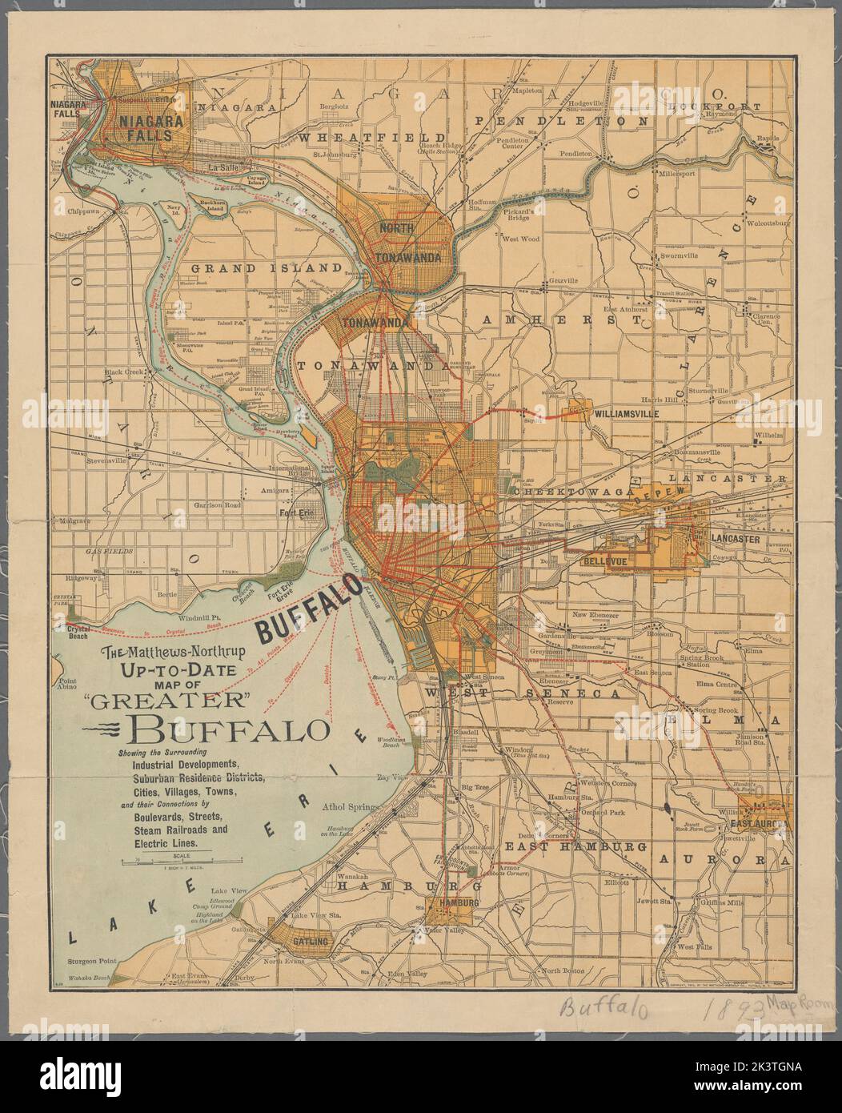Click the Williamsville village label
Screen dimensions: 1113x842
[x=625, y=414]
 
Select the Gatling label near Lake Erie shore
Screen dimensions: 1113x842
[x=310, y=942]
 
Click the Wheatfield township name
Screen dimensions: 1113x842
[x=362, y=138]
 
